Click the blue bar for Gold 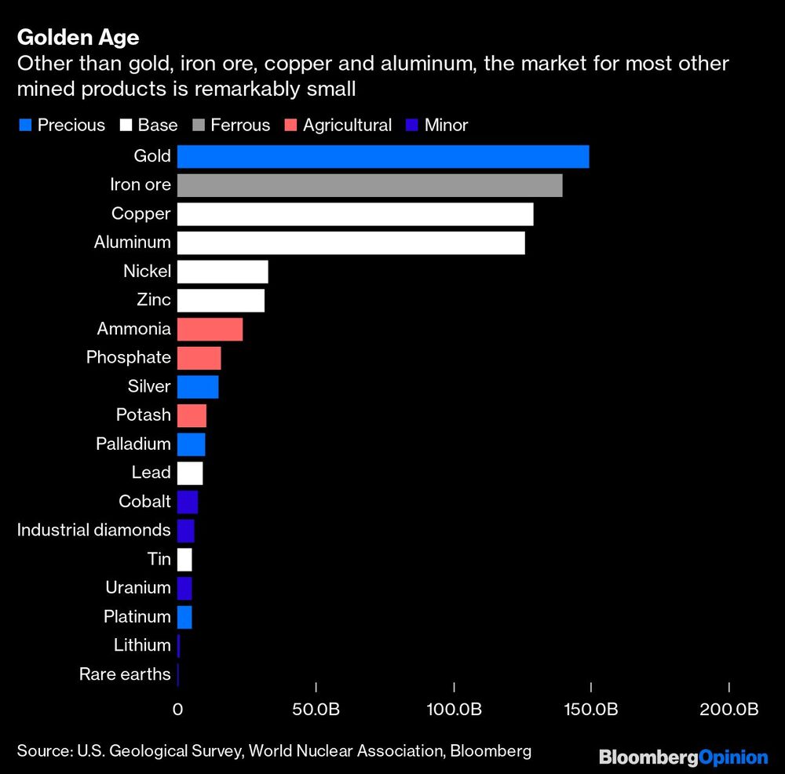click(382, 156)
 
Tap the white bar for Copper click(355, 214)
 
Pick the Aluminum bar click(351, 243)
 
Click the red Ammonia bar click(210, 329)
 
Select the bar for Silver click(198, 386)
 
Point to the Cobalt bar click(188, 502)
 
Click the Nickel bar click(222, 272)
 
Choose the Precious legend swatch click(24, 126)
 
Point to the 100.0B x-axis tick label click(454, 709)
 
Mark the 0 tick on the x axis click(177, 709)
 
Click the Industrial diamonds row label click(93, 530)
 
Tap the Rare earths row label click(125, 674)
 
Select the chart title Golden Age click(78, 37)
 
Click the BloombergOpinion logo click(683, 757)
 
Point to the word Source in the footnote click(42, 751)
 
